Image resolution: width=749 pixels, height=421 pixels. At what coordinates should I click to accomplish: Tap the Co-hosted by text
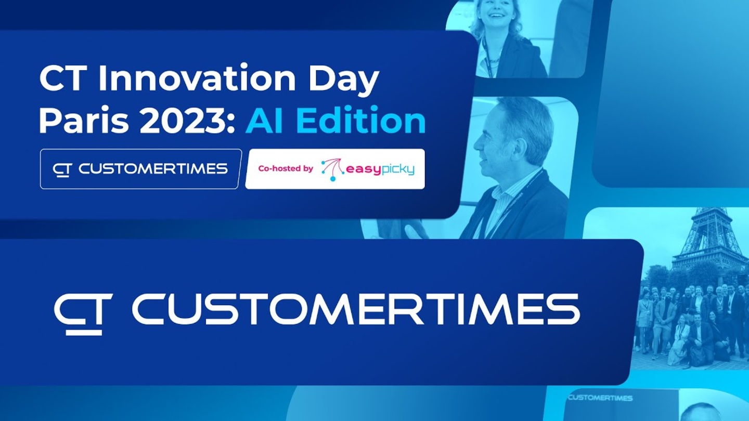tap(286, 168)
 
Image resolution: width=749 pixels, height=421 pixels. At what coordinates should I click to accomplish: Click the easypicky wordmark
tap(380, 169)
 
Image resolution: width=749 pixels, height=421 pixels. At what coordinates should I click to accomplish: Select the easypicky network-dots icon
tap(332, 170)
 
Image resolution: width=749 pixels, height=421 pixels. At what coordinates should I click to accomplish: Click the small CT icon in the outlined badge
tap(62, 170)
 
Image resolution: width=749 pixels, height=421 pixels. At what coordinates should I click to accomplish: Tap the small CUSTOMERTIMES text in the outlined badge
tap(153, 169)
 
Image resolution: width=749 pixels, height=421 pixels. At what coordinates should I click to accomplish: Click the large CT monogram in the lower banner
tap(83, 314)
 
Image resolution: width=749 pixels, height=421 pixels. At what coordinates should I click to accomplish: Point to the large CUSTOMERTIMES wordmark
tap(356, 309)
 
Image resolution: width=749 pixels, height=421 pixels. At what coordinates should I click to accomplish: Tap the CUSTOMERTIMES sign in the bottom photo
tap(600, 398)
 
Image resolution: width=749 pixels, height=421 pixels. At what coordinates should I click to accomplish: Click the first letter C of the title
tap(53, 77)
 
